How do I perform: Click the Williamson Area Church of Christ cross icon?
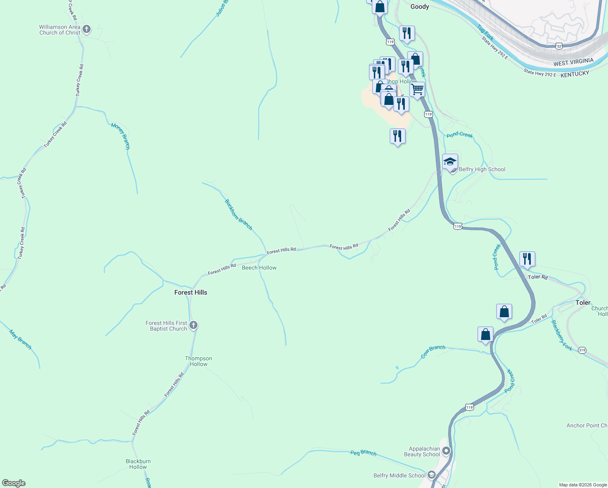[86, 29]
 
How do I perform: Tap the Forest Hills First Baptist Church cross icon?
[193, 325]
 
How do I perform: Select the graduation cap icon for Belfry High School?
[450, 162]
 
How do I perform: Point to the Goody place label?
[419, 7]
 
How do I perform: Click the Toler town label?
[583, 303]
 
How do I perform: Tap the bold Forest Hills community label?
[191, 292]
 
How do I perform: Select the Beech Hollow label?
[259, 268]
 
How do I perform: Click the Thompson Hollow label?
[198, 361]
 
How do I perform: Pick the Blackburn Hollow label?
[138, 464]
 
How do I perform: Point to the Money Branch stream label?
[121, 136]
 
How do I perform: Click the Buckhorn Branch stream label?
[239, 215]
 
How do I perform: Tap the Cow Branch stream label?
[433, 352]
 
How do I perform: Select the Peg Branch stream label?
[363, 453]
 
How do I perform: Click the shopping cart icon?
[417, 89]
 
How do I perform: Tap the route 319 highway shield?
[582, 350]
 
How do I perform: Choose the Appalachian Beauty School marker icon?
[446, 451]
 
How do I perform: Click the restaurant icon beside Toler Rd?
[527, 259]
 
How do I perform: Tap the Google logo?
[14, 483]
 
